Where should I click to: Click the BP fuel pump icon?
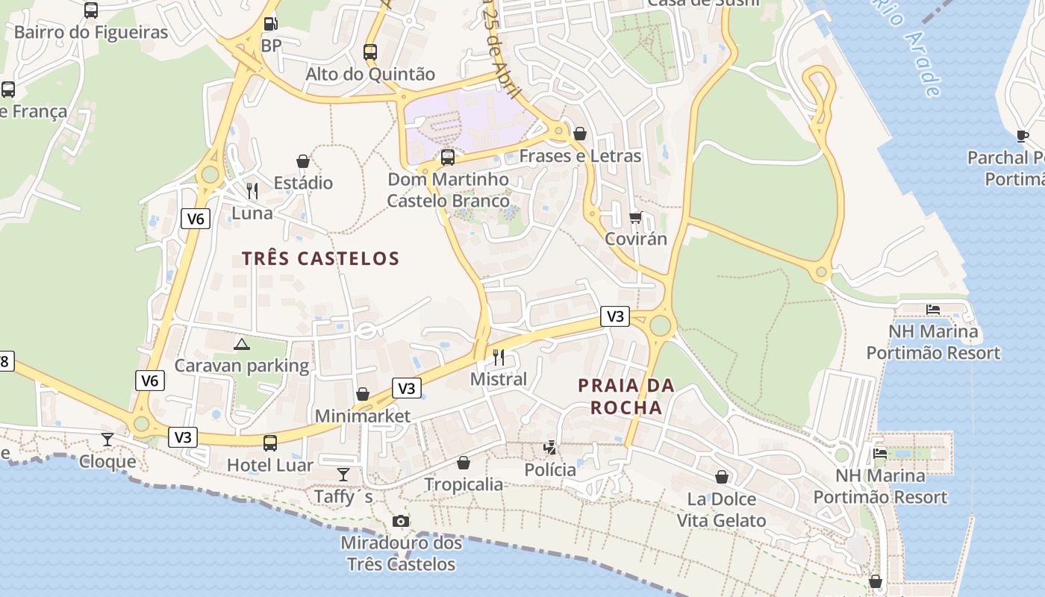click(x=271, y=24)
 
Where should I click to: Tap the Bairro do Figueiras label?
click(x=91, y=32)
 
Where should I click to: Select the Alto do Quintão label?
click(x=370, y=74)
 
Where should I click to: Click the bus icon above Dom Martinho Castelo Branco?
click(x=448, y=157)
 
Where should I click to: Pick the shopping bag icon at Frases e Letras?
click(x=580, y=134)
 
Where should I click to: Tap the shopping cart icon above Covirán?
click(x=636, y=217)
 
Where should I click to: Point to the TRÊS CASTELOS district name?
click(x=321, y=259)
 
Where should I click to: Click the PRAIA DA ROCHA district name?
click(x=626, y=396)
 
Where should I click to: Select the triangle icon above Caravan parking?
click(x=241, y=344)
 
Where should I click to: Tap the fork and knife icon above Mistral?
click(x=499, y=357)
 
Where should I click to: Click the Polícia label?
click(x=550, y=469)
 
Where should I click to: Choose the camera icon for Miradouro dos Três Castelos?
click(x=401, y=521)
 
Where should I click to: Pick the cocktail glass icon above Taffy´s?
click(x=343, y=474)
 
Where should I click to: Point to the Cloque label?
click(x=107, y=461)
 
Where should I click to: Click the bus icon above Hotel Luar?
click(x=270, y=443)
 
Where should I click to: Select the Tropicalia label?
click(x=464, y=484)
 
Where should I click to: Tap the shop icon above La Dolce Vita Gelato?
click(x=722, y=477)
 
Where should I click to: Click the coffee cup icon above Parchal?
click(x=1023, y=136)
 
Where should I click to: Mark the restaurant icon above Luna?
click(x=252, y=191)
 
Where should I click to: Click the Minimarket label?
click(x=363, y=416)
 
